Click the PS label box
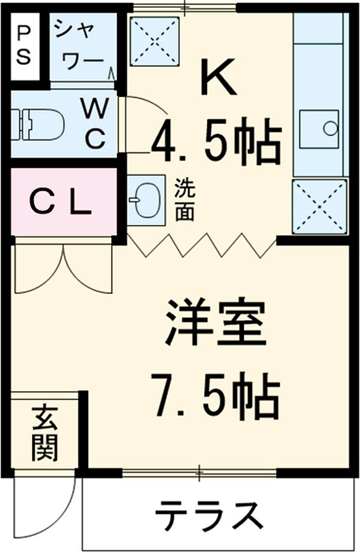(x=24, y=46)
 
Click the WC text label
(x=95, y=123)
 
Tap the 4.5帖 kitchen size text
(x=216, y=141)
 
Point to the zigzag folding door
(x=201, y=245)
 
